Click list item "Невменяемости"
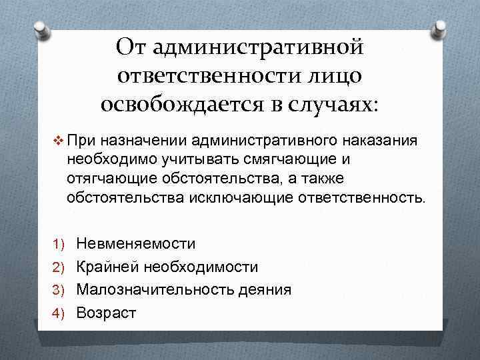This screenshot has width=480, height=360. coord(135,244)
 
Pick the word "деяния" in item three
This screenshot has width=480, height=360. coord(269,289)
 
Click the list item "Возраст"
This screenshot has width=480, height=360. coord(106,312)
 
